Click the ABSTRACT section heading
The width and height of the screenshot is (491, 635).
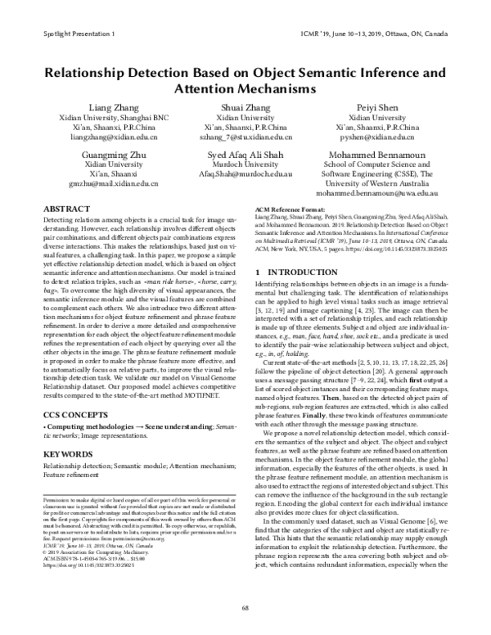coord(65,209)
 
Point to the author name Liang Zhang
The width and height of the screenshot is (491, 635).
coord(109,106)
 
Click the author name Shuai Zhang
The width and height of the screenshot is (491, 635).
coord(245,106)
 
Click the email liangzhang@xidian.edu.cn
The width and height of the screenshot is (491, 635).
coord(109,138)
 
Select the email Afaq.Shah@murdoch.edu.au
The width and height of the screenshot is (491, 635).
coord(245,175)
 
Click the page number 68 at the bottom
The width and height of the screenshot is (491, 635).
coord(245,606)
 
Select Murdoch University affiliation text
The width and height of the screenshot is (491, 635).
coord(245,165)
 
